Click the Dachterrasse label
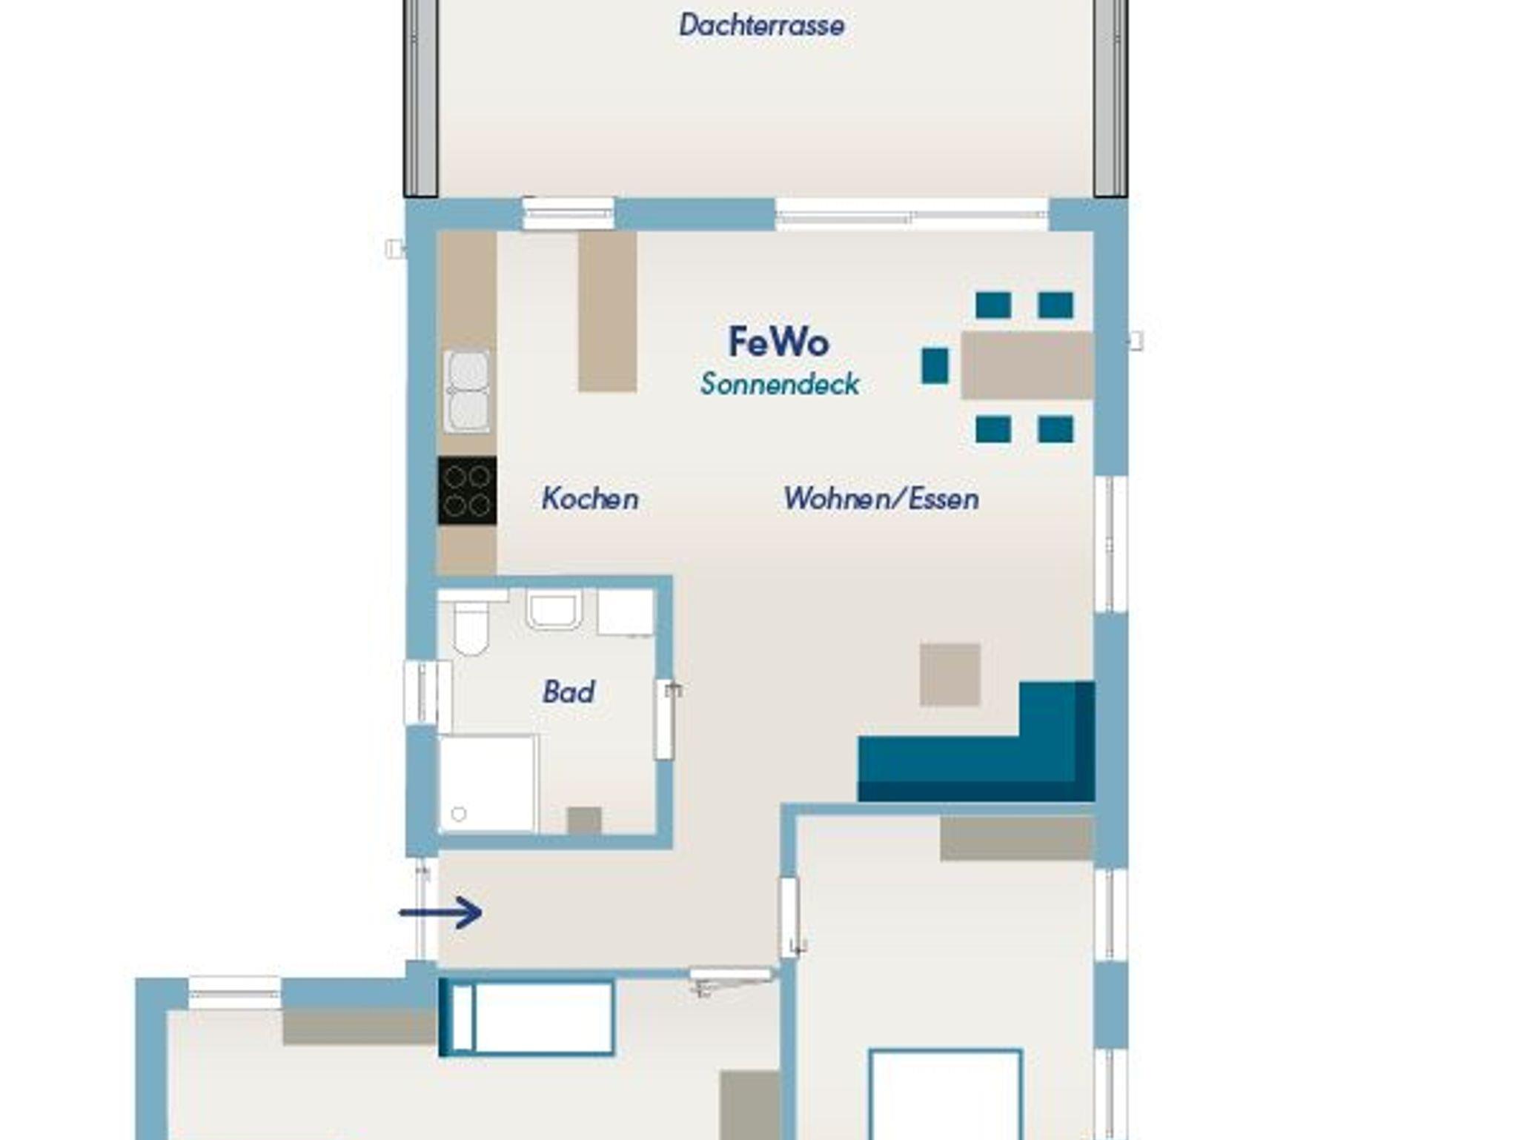tap(761, 25)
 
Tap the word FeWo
tap(778, 342)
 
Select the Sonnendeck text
tap(780, 384)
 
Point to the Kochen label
tap(590, 498)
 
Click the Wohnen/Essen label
tap(881, 498)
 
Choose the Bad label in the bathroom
tap(569, 692)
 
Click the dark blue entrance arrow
tap(441, 912)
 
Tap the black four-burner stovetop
tap(467, 491)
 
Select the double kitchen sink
tap(467, 391)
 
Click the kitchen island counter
tap(607, 311)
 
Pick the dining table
tap(1027, 365)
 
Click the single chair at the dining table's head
tap(935, 366)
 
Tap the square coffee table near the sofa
tap(950, 675)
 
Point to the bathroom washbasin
tap(554, 609)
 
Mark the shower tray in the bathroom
tap(487, 783)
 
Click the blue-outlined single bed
tap(527, 1016)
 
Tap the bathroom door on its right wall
tap(665, 720)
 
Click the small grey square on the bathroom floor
tap(584, 821)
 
